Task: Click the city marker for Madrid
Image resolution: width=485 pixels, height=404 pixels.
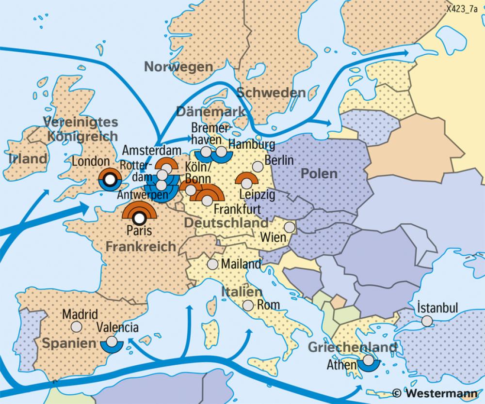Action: pos(76,326)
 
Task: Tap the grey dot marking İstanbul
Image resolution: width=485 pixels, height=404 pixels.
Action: pos(427,321)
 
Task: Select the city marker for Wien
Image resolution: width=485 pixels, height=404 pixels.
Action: pos(290,227)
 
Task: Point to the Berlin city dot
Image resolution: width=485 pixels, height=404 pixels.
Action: pos(259,167)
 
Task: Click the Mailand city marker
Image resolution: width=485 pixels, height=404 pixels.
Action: pos(212,264)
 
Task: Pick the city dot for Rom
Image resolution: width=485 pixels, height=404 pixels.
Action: pos(248,305)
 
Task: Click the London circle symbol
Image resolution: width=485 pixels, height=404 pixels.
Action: pos(110,180)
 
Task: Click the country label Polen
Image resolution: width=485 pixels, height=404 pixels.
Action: pos(318,173)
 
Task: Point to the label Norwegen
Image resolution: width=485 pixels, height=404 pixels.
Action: pos(179,67)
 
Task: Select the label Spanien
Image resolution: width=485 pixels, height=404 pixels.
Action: pos(68,343)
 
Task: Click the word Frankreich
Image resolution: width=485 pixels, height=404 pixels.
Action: pos(141,246)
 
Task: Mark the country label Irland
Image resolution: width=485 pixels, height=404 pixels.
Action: pos(28,158)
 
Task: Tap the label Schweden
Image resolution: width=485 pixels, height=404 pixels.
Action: pos(271,93)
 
